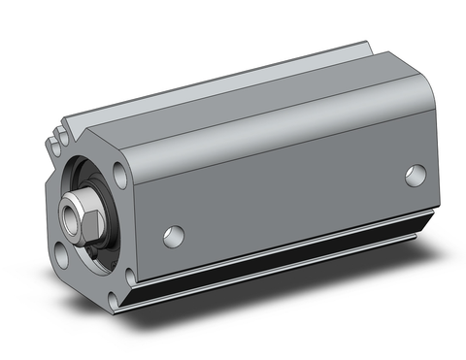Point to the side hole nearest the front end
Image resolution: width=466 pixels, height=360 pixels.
tap(174, 235)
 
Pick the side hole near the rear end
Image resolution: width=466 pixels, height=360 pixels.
tap(416, 176)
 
